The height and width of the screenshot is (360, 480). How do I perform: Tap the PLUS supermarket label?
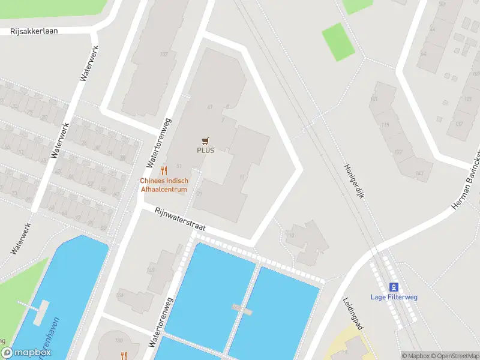point(205,150)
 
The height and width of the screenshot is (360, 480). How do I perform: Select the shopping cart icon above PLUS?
point(206,140)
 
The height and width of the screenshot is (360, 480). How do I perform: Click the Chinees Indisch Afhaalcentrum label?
point(164,185)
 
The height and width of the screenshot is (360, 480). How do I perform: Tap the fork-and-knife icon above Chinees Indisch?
point(164,171)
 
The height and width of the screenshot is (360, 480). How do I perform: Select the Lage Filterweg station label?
point(394,296)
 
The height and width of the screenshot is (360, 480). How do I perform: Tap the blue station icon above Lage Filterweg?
point(394,286)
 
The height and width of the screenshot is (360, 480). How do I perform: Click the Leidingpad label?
point(353,313)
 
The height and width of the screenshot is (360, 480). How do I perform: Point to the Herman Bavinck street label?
point(466,180)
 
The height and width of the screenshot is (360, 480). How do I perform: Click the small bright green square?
point(338,41)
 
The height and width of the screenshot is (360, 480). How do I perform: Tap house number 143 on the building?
point(419,173)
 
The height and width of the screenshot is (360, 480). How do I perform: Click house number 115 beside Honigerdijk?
point(385,125)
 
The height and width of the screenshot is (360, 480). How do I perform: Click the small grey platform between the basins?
point(241,308)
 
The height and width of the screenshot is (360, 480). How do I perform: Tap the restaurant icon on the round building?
point(124,355)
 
